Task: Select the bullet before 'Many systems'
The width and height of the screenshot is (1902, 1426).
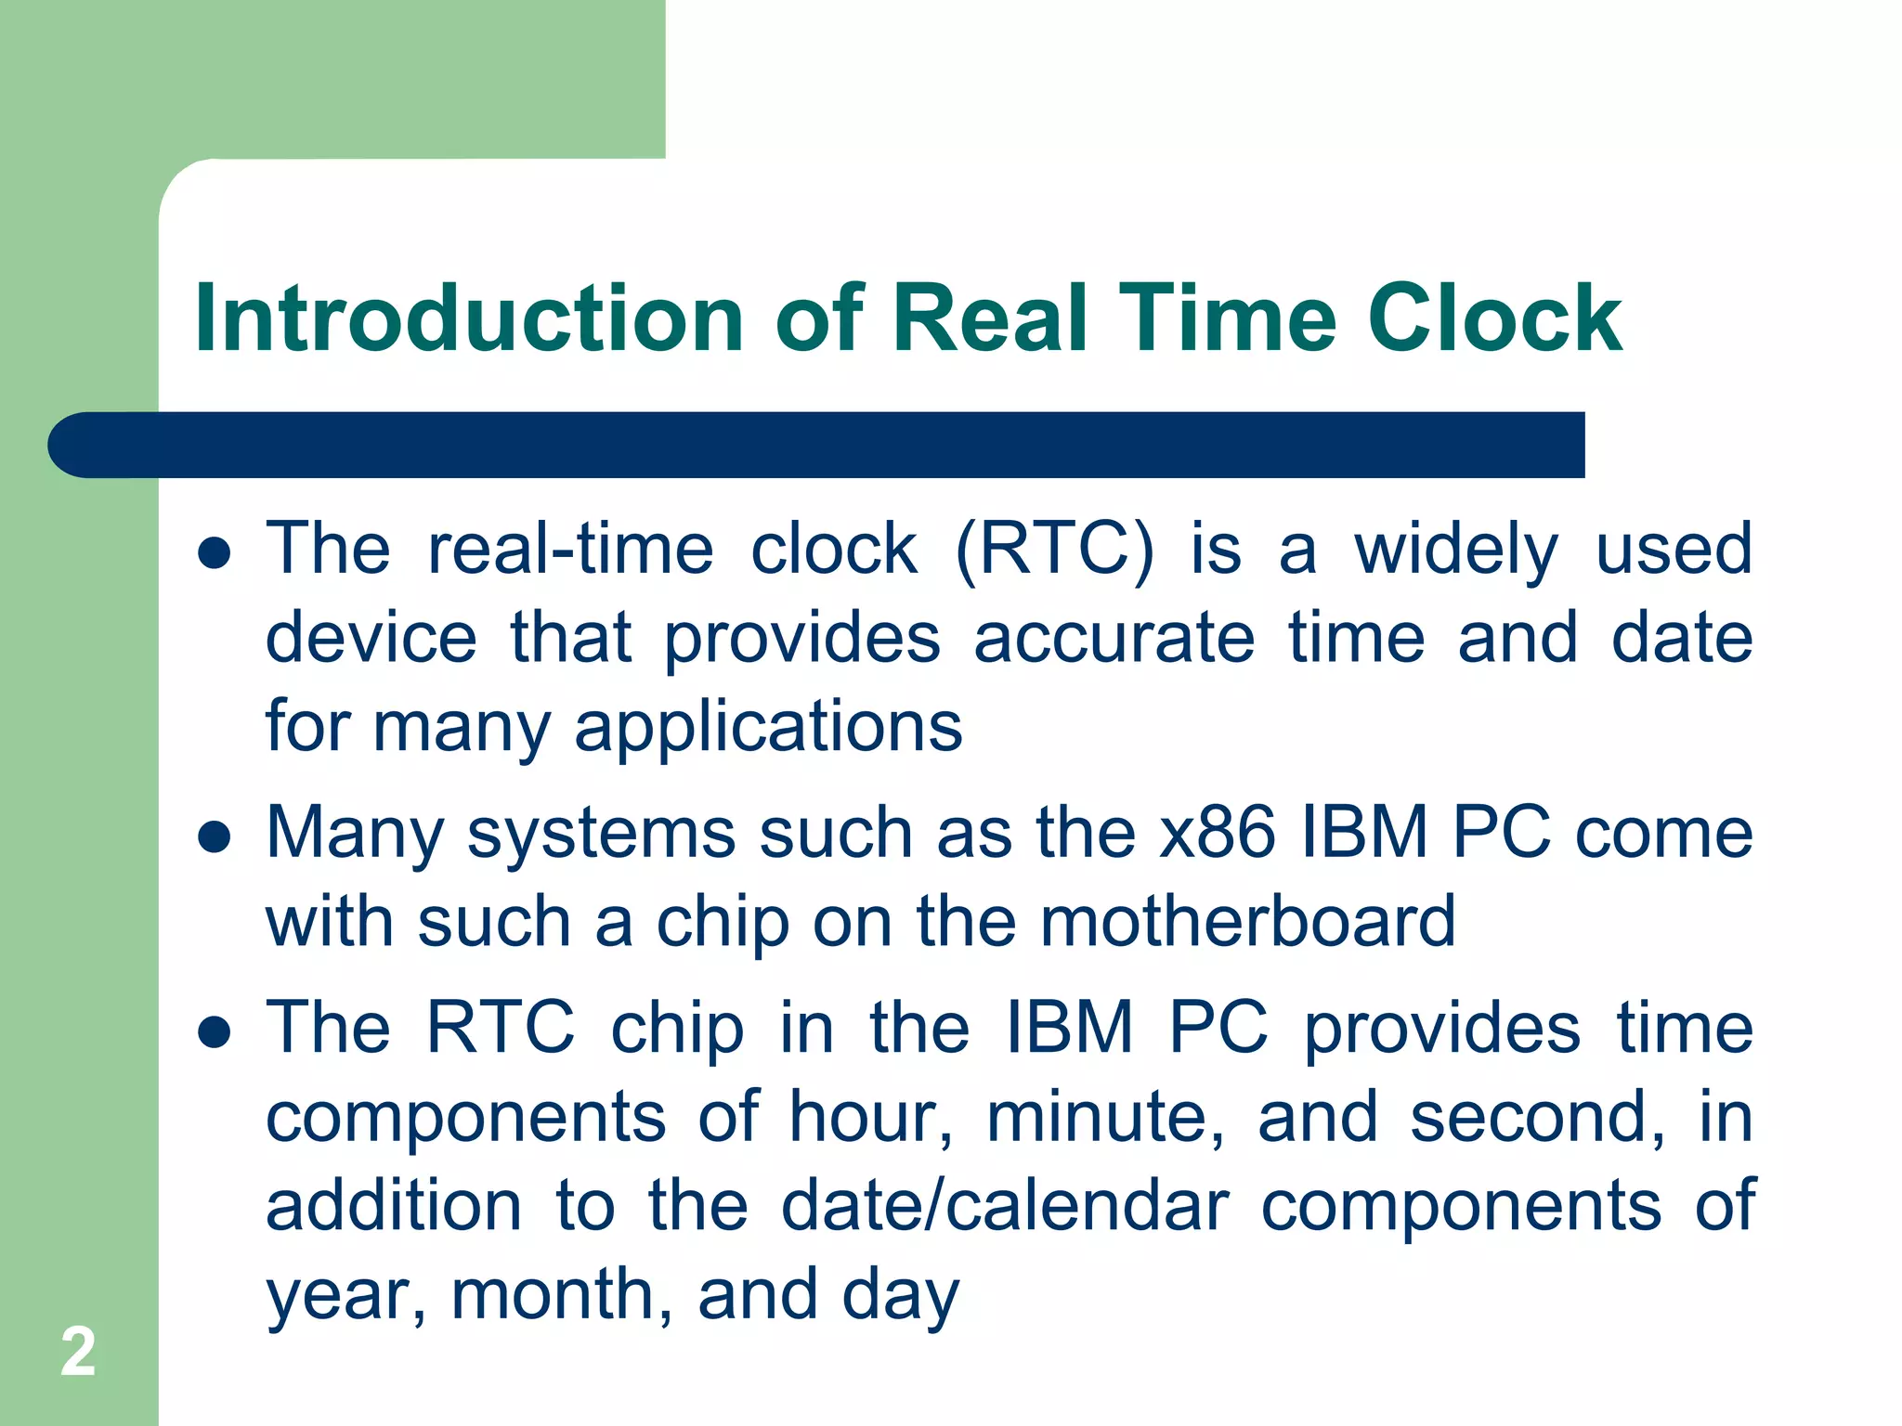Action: point(215,836)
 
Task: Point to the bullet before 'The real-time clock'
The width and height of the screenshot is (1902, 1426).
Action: point(215,553)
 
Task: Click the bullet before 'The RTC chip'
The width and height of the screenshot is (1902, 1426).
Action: point(215,1031)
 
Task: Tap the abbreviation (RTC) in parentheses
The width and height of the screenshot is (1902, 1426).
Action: point(1055,551)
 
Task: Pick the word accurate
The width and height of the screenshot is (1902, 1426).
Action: point(1114,639)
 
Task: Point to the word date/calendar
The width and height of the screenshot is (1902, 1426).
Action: point(1005,1206)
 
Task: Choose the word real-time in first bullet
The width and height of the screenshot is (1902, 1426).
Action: point(570,550)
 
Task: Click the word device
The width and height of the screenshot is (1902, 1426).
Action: point(371,639)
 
